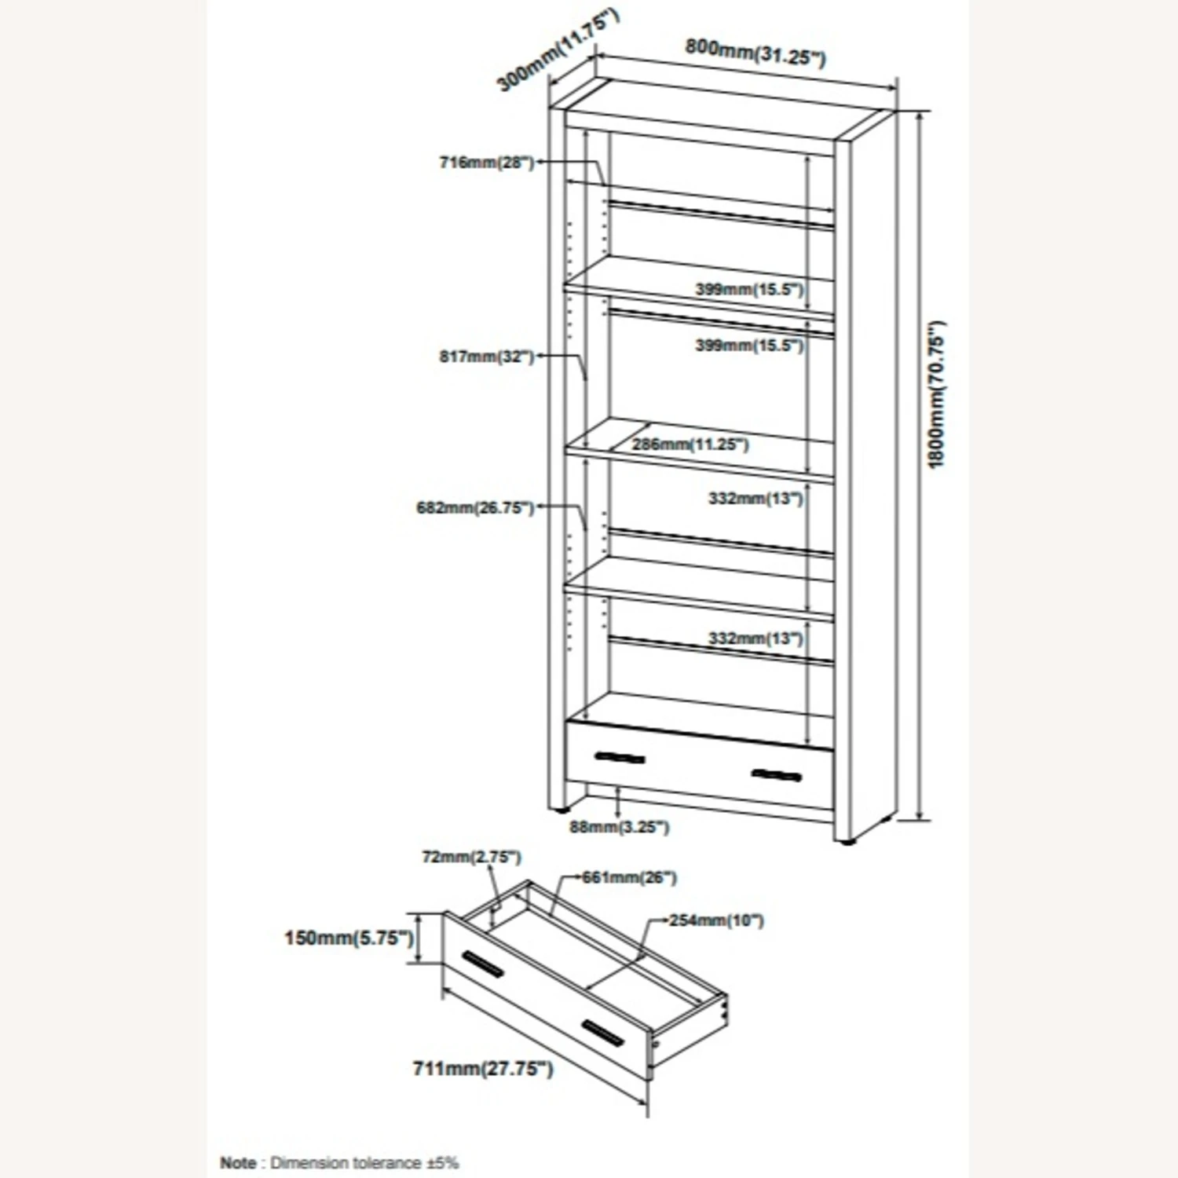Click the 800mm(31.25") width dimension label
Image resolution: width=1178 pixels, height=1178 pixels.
coord(755,52)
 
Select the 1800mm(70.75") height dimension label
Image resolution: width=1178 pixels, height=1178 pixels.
coord(936,395)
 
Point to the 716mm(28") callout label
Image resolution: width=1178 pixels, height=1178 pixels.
coord(486,163)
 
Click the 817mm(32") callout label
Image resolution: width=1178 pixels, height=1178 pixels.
coord(486,357)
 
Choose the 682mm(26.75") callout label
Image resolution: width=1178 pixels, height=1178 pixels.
coord(474,508)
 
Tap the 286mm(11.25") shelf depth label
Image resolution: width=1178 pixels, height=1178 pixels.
coord(690,444)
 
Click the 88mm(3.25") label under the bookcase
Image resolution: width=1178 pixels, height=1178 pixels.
coord(620,827)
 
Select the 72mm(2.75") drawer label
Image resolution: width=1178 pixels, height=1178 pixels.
coord(471,857)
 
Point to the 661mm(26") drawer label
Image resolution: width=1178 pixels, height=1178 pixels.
coord(629,877)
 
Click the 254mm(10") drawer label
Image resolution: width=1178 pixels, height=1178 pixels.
coord(716,920)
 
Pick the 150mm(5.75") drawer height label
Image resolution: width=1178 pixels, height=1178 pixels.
coord(349,938)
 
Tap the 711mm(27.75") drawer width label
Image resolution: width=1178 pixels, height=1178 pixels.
coord(483,1069)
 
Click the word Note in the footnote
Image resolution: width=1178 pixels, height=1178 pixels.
coord(238,1162)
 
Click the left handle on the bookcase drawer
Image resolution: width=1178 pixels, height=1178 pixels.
coord(620,758)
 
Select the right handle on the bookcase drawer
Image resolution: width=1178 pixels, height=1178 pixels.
coord(776,776)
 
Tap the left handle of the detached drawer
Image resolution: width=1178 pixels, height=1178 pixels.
coord(482,964)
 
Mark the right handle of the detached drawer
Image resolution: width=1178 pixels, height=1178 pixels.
coord(603,1033)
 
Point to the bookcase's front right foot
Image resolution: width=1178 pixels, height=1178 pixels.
coord(846,843)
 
